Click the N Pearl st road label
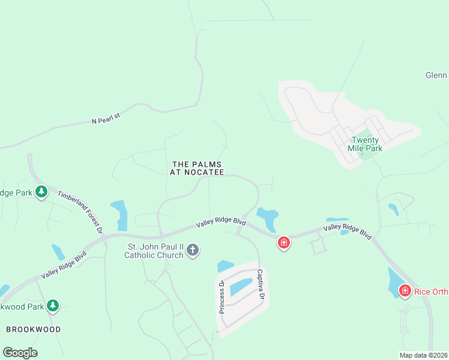pos(106,118)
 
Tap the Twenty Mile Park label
pos(365,144)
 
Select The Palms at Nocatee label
pos(197,168)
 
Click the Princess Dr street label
pos(221,296)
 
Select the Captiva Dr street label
pos(261,284)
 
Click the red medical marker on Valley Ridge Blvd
pos(284,242)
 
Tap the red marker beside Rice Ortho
pos(405,291)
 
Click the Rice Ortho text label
pos(431,292)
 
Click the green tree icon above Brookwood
pos(53,305)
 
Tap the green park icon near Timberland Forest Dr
pos(41,192)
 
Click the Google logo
pos(20,353)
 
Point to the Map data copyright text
pos(423,355)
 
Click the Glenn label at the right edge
pos(436,75)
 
